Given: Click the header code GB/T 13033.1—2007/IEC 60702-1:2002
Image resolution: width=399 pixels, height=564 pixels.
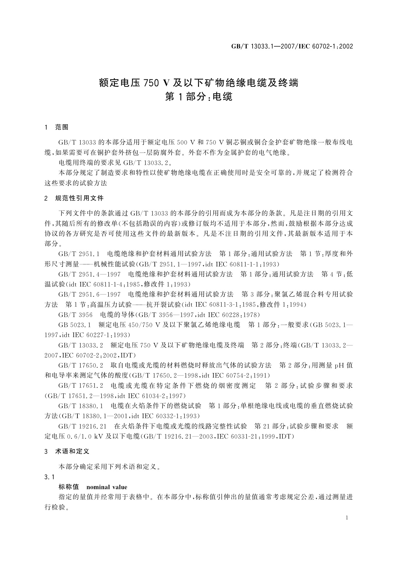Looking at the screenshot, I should (292, 46).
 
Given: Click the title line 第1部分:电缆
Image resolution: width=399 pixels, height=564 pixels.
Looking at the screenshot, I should (199, 97).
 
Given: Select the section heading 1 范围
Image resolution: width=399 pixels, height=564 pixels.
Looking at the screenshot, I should (57, 127).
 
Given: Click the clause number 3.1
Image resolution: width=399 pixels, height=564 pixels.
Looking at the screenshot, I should (49, 477).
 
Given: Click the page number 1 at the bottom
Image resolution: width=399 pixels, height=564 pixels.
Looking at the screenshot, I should (347, 517).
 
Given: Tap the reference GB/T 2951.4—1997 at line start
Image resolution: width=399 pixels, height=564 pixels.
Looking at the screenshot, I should (89, 274).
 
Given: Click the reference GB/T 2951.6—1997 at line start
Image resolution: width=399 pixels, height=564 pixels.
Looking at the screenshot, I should (89, 294).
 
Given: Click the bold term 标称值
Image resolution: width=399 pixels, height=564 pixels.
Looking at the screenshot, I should (68, 487).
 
